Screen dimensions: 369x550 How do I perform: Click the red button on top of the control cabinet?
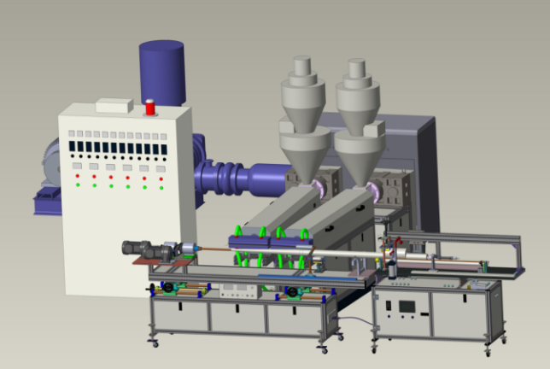(151, 108)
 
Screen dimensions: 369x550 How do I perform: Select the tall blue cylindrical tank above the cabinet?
(161, 73)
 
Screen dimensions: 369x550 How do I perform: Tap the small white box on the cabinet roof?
(114, 106)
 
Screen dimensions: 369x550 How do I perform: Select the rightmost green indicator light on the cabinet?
(160, 185)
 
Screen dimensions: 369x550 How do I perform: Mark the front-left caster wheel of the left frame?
(155, 342)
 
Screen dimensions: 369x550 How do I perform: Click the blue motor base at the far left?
(47, 202)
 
